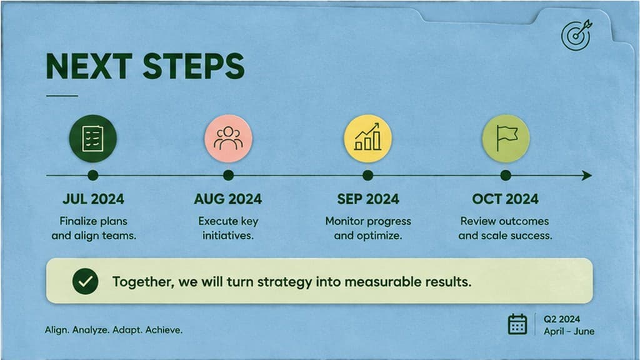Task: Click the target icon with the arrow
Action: pyautogui.click(x=576, y=35)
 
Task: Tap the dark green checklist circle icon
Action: pyautogui.click(x=93, y=139)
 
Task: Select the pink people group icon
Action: pyautogui.click(x=228, y=139)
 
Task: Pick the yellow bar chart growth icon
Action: pyautogui.click(x=367, y=139)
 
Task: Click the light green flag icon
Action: pyautogui.click(x=506, y=139)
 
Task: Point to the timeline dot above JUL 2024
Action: pyautogui.click(x=93, y=176)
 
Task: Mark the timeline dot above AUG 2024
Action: pyautogui.click(x=228, y=176)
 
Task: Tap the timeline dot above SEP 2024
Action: pyautogui.click(x=367, y=176)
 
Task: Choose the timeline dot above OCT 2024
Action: pyautogui.click(x=506, y=176)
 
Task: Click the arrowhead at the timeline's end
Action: pyautogui.click(x=587, y=176)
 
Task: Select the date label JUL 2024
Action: pyautogui.click(x=93, y=199)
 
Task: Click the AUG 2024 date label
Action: pyautogui.click(x=228, y=199)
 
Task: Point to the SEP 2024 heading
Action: pyautogui.click(x=367, y=199)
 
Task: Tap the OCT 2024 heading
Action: pyautogui.click(x=505, y=199)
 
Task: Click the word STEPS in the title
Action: pyautogui.click(x=194, y=66)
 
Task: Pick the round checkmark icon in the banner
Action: pyautogui.click(x=85, y=281)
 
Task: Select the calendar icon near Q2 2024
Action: pyautogui.click(x=517, y=324)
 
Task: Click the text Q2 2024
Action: pyautogui.click(x=562, y=319)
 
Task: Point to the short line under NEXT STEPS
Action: pyautogui.click(x=62, y=96)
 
